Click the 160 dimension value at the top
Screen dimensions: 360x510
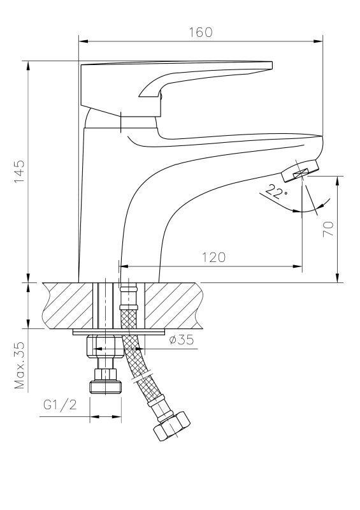point(200,33)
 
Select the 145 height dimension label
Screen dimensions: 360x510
point(19,171)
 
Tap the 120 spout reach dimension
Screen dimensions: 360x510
point(213,258)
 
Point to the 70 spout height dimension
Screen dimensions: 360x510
point(328,229)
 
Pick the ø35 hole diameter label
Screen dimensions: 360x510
point(182,340)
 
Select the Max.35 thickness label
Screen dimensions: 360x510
point(19,365)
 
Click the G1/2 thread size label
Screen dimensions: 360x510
point(60,405)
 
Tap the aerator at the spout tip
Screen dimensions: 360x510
point(300,171)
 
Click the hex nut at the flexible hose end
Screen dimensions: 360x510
point(171,426)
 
